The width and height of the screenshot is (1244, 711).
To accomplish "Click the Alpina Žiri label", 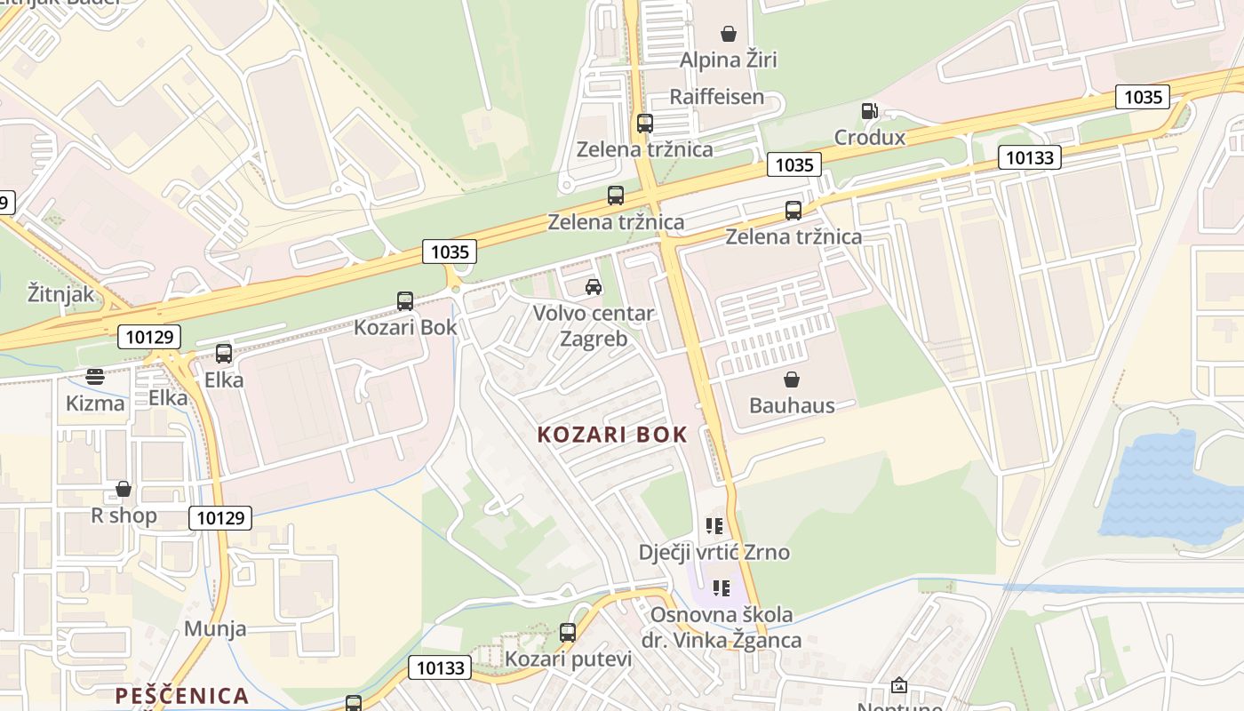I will coord(728,60).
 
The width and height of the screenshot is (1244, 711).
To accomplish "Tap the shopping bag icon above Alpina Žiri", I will coord(729,34).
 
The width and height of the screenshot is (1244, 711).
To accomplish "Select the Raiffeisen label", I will coord(716,97).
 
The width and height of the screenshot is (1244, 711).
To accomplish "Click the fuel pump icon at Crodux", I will coord(869,111).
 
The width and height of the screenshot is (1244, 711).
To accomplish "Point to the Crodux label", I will coord(869,138).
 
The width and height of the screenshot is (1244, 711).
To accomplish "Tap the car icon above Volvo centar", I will coord(594,286).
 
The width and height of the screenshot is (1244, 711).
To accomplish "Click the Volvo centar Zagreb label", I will coord(594,325).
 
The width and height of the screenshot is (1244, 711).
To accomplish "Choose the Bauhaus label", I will coord(792,405).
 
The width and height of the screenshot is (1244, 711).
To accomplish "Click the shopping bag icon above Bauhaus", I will coord(792,379).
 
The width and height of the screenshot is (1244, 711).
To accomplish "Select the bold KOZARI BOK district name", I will coord(612,435).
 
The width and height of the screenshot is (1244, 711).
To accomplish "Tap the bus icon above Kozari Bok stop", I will coord(405,301).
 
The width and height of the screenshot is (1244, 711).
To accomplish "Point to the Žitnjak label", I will coord(60,293).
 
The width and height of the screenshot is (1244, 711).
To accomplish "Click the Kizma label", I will coord(95,403).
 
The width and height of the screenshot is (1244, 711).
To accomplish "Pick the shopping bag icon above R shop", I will coord(124,489).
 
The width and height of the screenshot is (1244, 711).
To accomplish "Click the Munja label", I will coord(215,629).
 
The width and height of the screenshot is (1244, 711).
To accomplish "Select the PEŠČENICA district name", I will coord(181,695).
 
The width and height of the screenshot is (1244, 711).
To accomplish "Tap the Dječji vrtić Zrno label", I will coord(714,552).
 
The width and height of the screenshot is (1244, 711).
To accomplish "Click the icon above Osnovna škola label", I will coord(721,587).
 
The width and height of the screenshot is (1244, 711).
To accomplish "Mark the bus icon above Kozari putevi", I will coord(568,633).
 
